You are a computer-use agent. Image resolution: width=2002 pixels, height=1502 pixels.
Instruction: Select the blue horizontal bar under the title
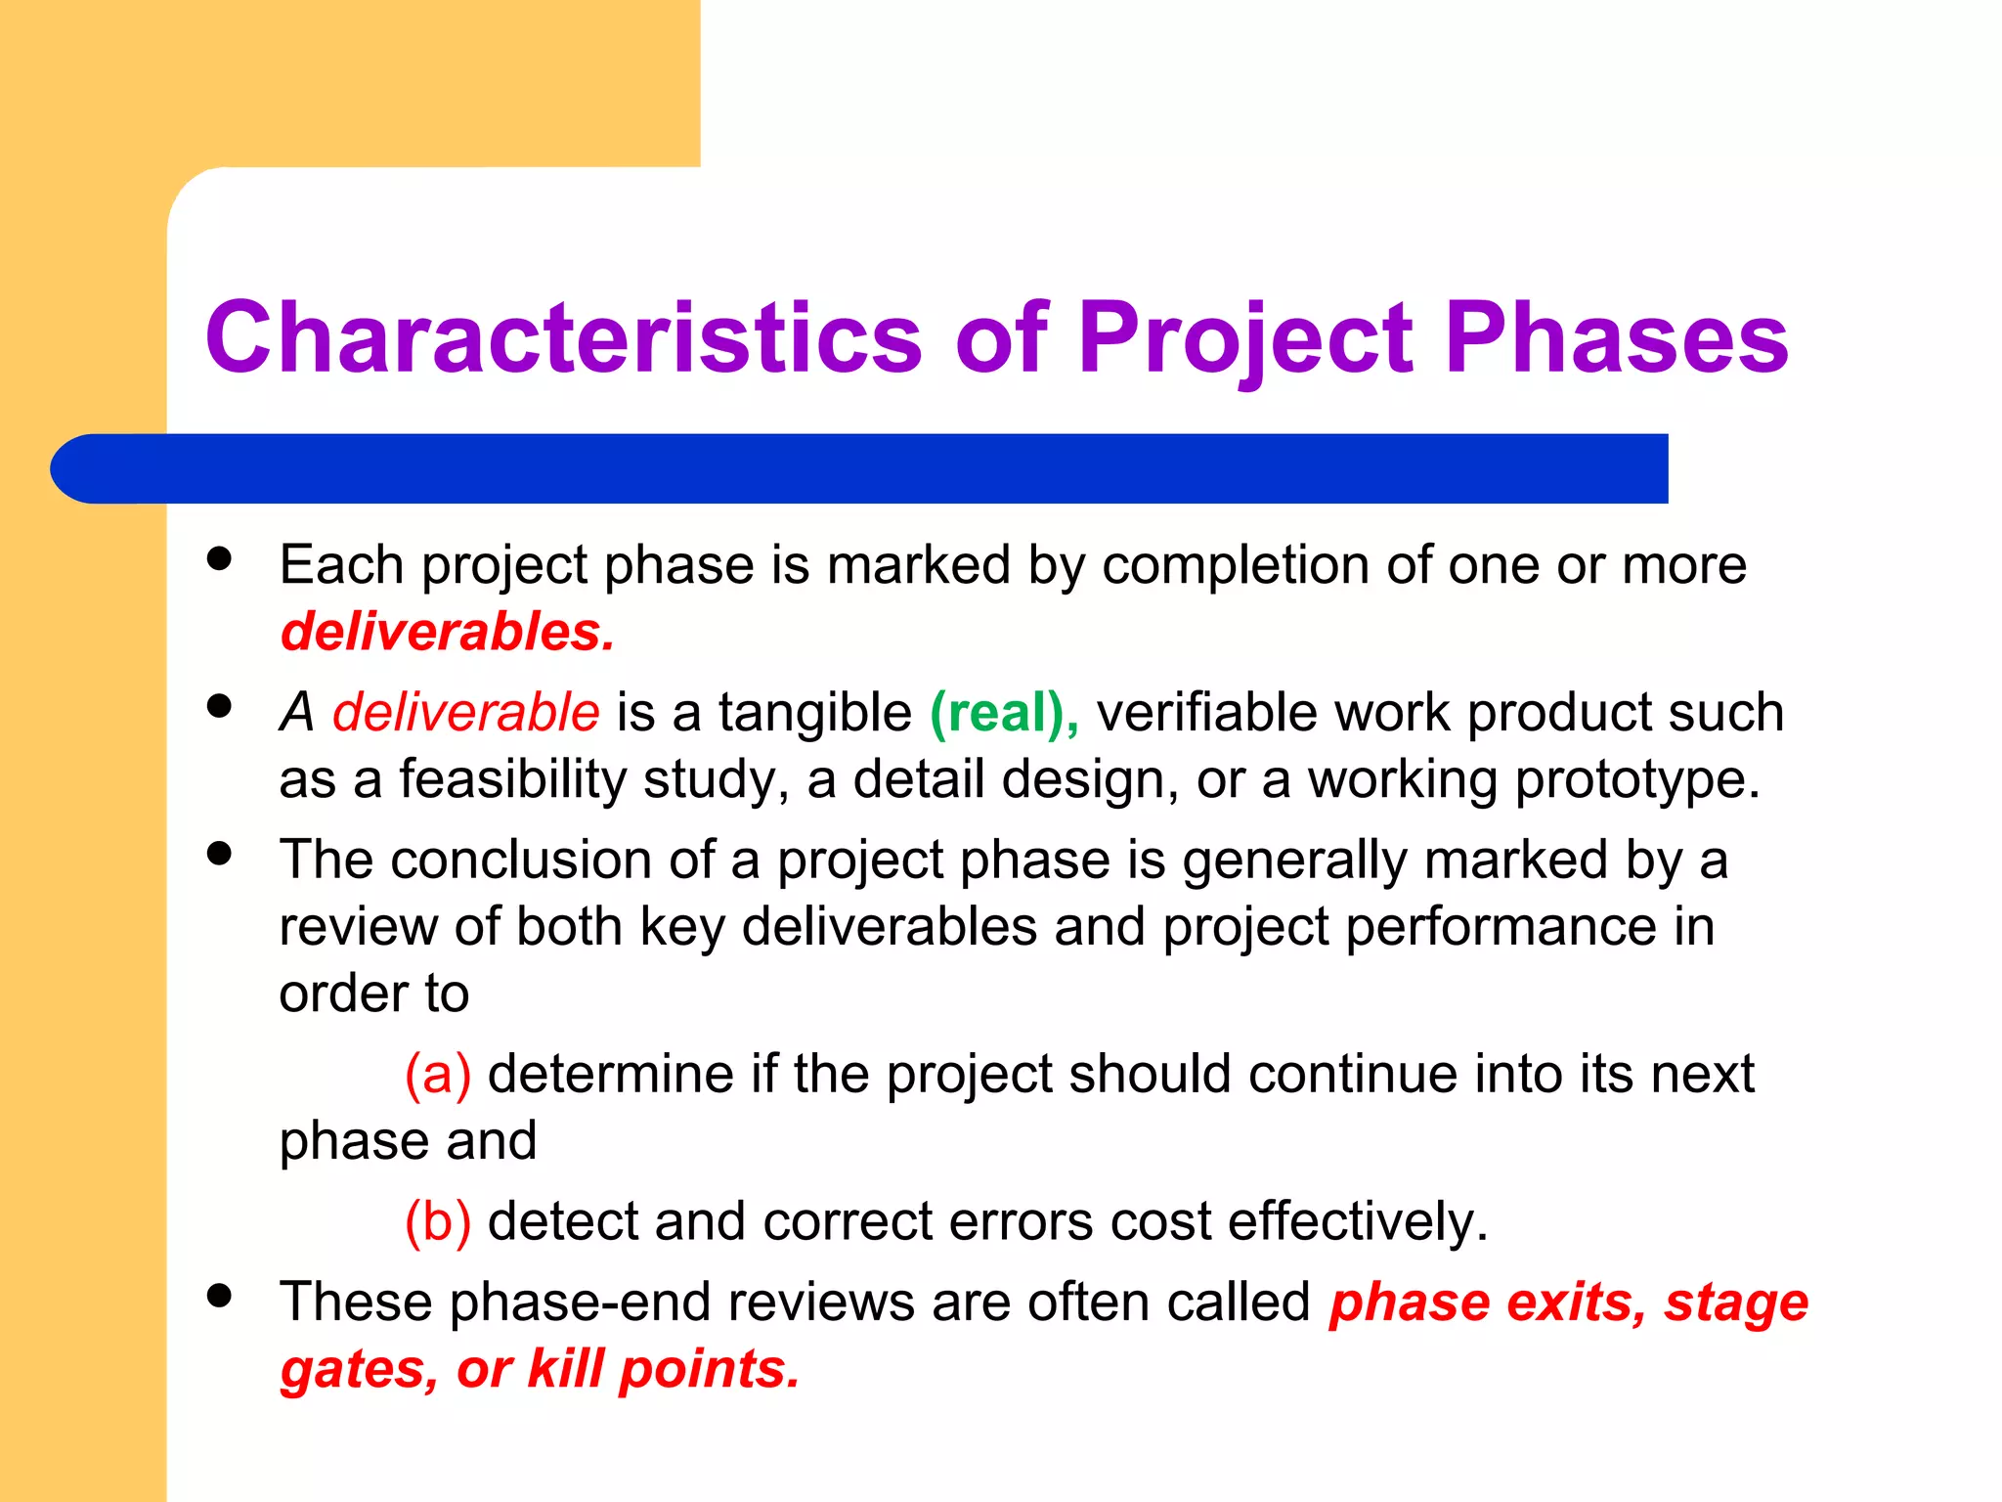coord(860,468)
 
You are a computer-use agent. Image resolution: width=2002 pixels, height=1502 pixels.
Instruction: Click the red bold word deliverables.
coord(447,632)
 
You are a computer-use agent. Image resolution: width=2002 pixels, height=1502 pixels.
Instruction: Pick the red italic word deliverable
coord(465,712)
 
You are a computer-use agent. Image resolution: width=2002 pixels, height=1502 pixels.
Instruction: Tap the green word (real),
coord(1004,713)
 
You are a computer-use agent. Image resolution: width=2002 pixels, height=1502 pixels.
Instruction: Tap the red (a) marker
coord(438,1075)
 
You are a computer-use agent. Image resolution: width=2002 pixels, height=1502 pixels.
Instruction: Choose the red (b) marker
coord(438,1222)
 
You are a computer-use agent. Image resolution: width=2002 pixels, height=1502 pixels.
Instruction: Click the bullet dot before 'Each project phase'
coord(220,559)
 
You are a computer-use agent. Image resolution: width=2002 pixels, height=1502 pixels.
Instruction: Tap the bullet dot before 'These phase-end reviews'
coord(220,1296)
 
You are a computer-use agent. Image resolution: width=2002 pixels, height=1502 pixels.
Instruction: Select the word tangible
coord(815,713)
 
